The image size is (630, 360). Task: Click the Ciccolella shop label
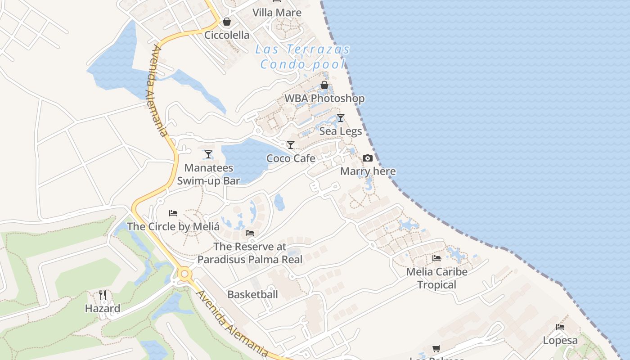click(227, 35)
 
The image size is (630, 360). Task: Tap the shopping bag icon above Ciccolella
click(227, 22)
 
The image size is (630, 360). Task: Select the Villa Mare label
click(277, 13)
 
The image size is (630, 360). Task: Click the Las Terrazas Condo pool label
click(302, 57)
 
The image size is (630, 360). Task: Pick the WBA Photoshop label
click(324, 98)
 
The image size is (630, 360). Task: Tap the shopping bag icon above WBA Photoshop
click(324, 85)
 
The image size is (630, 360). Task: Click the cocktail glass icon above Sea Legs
click(341, 118)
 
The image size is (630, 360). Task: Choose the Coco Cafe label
click(291, 158)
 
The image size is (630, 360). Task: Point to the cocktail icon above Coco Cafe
click(291, 145)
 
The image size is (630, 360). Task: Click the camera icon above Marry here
click(368, 158)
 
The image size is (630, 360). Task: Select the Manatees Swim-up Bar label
click(208, 174)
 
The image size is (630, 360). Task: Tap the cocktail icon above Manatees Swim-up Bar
click(208, 154)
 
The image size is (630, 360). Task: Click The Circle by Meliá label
click(173, 226)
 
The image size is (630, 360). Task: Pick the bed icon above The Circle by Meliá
click(173, 213)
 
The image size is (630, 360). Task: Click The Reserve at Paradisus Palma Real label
click(250, 253)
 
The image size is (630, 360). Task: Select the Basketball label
click(252, 295)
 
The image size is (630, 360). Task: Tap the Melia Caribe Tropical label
click(436, 278)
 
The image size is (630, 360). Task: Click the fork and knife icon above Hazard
click(103, 295)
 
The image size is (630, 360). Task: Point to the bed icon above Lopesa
click(560, 327)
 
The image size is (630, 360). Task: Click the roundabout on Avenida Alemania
click(184, 274)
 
